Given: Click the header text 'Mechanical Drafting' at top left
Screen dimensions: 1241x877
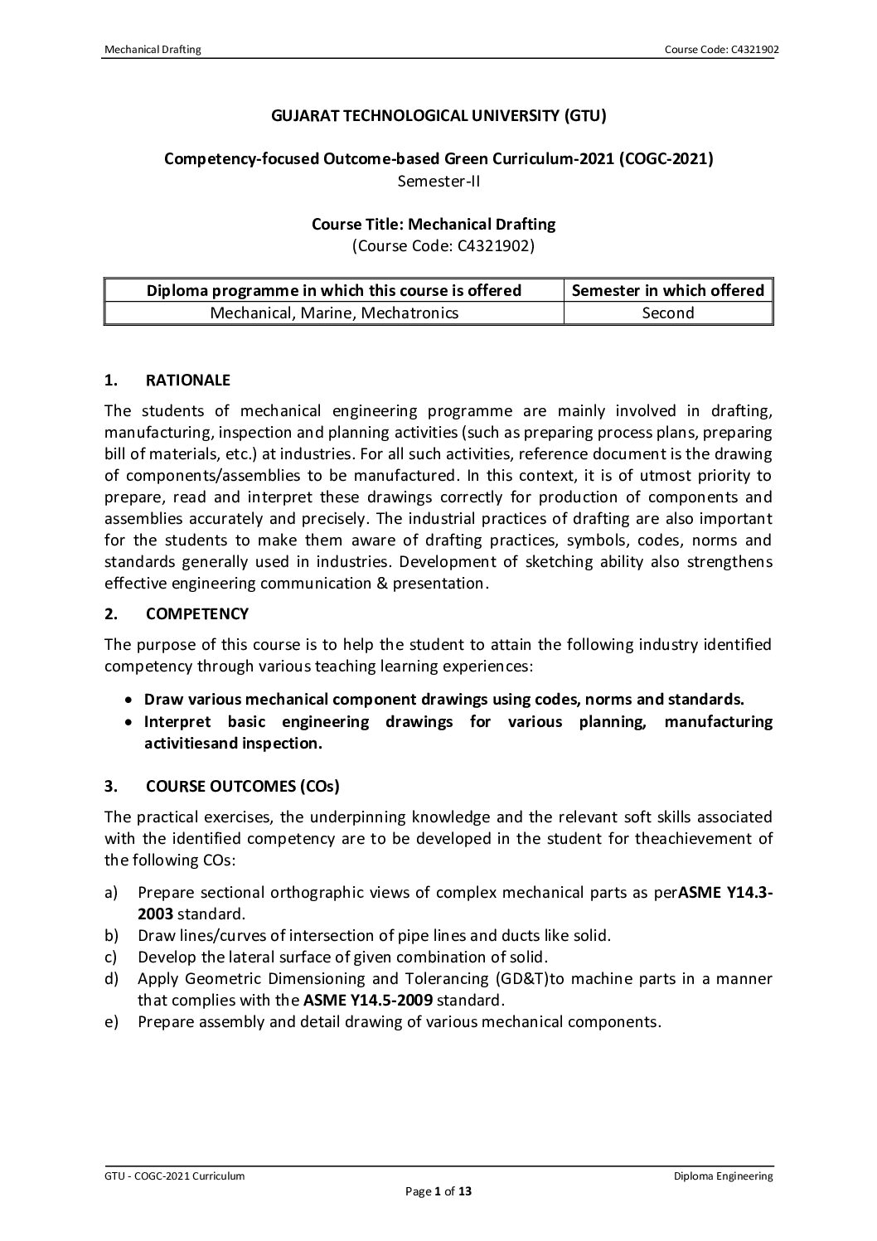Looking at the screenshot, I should (x=153, y=50).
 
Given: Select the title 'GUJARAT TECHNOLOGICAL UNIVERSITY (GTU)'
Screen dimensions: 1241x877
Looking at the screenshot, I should (x=438, y=116).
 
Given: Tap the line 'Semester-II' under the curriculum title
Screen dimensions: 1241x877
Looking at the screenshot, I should (x=438, y=181).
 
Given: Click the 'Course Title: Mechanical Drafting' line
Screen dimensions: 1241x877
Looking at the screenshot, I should (x=433, y=224).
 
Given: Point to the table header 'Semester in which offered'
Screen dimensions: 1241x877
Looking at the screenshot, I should (x=668, y=290).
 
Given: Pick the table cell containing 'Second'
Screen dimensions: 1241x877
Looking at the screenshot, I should (x=668, y=313).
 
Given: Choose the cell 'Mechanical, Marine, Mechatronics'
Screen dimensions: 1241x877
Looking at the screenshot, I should (x=334, y=313).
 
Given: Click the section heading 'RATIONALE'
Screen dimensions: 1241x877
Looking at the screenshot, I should (x=187, y=381).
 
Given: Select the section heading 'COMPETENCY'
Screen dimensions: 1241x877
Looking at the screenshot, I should (x=196, y=614).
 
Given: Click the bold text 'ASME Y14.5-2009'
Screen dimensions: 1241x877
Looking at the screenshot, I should (x=368, y=1000).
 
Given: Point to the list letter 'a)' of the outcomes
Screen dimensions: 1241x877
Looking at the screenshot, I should (x=110, y=893).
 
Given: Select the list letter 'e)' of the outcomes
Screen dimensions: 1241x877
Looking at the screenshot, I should (x=110, y=1021).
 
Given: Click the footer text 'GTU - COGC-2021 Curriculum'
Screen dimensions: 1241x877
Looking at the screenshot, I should (x=174, y=1176).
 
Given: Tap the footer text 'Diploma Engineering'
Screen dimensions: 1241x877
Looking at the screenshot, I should (x=723, y=1176).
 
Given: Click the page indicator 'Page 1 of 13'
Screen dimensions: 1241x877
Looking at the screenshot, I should (x=438, y=1192).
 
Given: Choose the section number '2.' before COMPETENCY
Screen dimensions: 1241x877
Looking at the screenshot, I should (x=110, y=614).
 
